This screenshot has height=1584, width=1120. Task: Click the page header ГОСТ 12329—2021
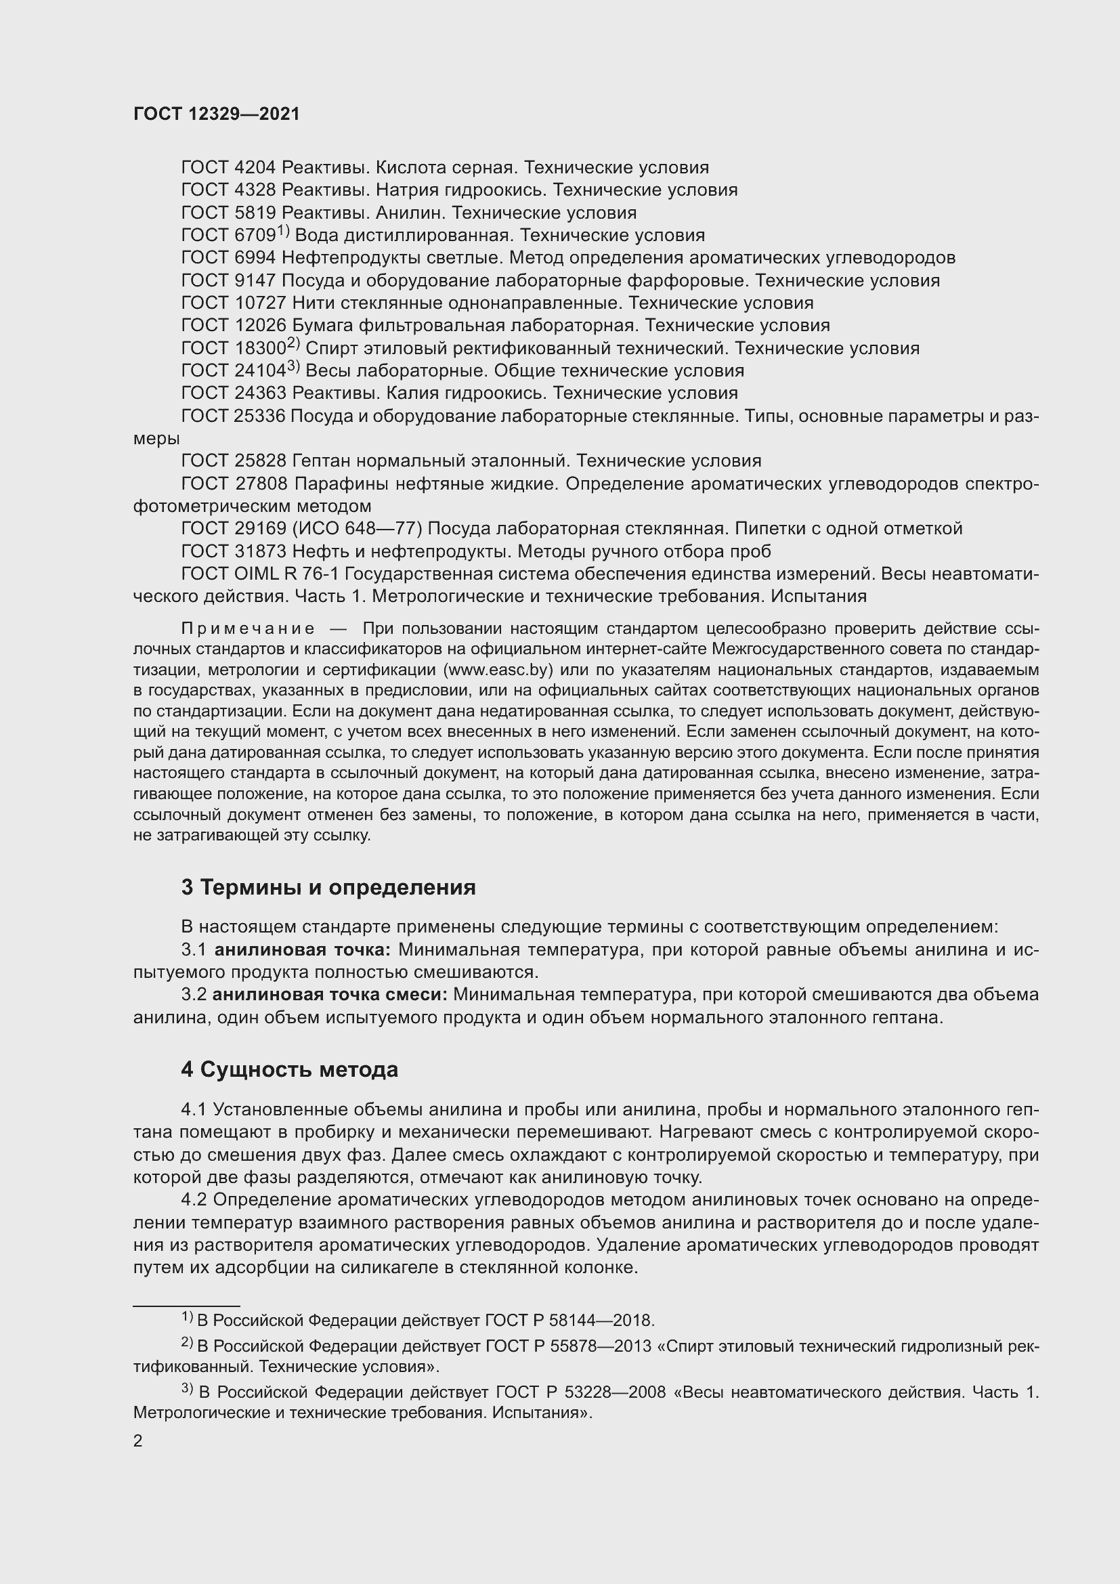tap(217, 114)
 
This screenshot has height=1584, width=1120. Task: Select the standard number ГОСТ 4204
tap(228, 168)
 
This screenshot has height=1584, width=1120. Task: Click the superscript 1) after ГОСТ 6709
tap(284, 231)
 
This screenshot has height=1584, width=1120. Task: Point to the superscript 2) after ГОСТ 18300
tap(293, 344)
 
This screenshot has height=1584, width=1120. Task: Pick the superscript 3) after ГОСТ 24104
tap(293, 367)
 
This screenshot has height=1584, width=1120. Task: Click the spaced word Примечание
tap(249, 628)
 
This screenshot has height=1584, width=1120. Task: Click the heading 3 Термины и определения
tap(328, 887)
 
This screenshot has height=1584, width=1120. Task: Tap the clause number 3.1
tap(194, 950)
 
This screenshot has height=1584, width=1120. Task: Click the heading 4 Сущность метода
tap(290, 1070)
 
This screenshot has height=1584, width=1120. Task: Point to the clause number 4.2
tap(194, 1200)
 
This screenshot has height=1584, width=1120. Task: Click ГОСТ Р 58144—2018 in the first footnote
tap(568, 1321)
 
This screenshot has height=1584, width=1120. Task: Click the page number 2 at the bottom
tap(138, 1441)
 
